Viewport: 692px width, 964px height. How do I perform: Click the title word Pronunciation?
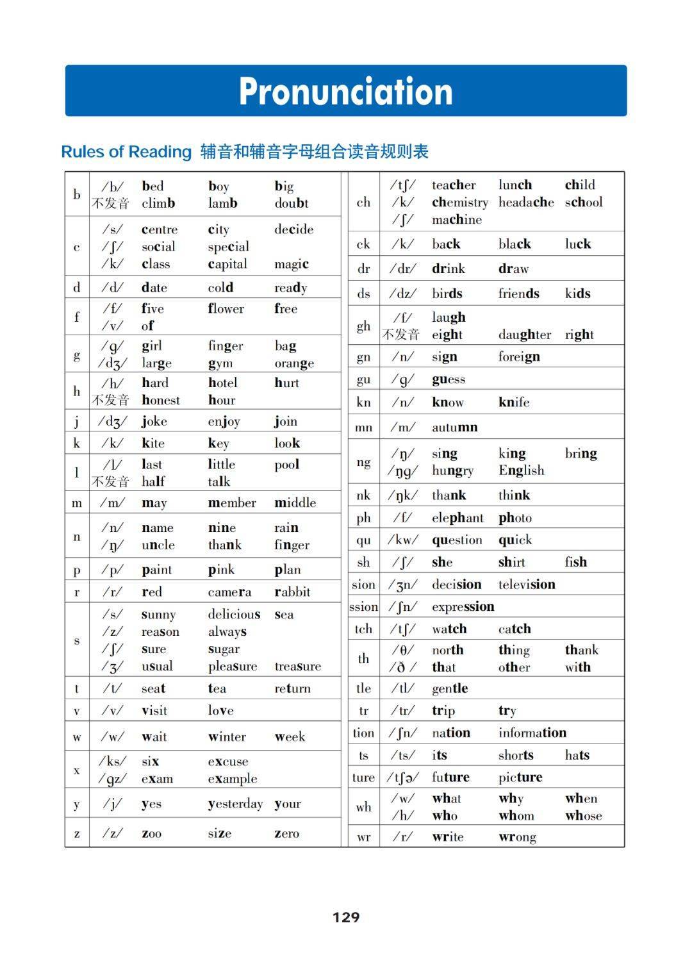coord(345,91)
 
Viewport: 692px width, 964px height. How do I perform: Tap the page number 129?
coord(346,917)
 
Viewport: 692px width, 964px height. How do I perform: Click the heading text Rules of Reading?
coord(126,152)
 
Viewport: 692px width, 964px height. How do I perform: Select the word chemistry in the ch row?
coord(459,203)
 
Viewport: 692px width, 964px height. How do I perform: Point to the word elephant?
coord(457,518)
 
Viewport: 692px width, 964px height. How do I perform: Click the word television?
coord(527,585)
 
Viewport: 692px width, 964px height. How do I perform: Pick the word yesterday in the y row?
coord(235,804)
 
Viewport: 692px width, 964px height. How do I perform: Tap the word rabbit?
coord(292,592)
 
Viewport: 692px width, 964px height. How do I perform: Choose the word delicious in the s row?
coord(234,614)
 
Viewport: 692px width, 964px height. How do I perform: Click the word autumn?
coord(454,428)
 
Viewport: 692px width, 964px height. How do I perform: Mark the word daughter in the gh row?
coord(524,335)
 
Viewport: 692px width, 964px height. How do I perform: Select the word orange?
coord(294,363)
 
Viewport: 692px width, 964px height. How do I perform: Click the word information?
coord(532,733)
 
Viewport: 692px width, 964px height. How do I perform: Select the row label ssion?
coord(363,607)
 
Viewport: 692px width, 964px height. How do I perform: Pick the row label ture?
coord(363,777)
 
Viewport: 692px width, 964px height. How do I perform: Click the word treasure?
coord(297,667)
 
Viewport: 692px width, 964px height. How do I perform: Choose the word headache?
coord(526,203)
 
